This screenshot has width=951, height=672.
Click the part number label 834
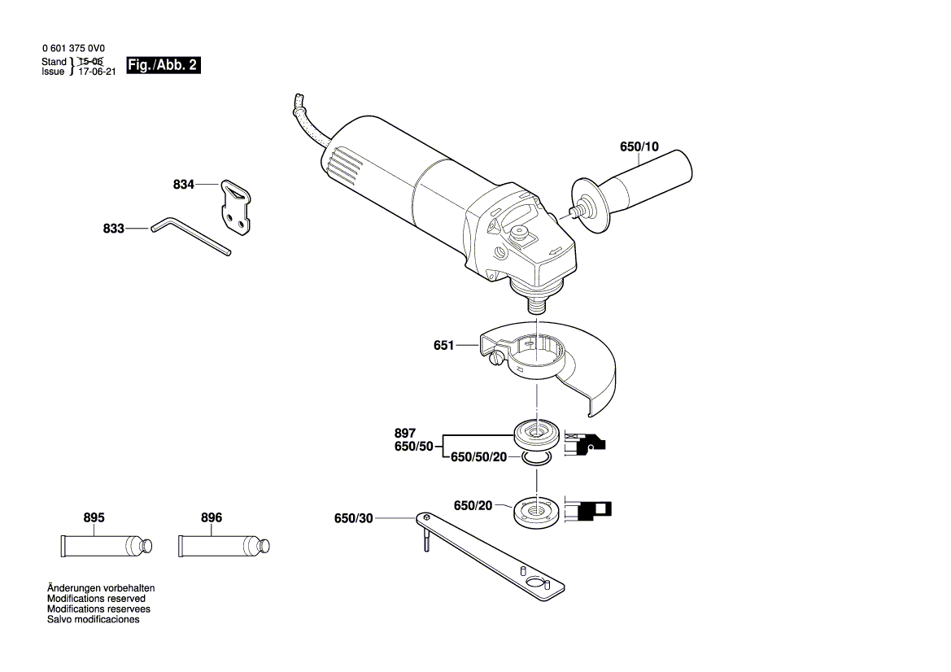tap(183, 185)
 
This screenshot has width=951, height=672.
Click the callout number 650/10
tap(639, 147)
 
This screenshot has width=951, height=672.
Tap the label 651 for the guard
tap(443, 346)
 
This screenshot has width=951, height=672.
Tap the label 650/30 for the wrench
tap(353, 518)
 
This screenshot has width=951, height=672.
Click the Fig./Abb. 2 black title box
tap(163, 65)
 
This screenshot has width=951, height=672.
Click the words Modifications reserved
tap(97, 598)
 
